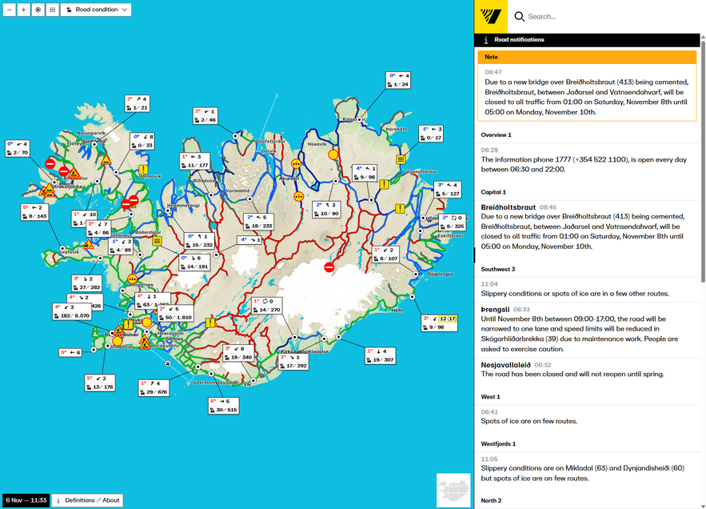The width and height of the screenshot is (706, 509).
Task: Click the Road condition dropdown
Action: point(96,10)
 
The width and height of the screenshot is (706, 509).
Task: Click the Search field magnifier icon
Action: point(520,16)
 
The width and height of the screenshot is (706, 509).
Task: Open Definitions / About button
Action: point(87,500)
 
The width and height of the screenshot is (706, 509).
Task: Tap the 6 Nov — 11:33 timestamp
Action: point(26,500)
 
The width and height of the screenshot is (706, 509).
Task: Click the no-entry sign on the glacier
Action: point(328,267)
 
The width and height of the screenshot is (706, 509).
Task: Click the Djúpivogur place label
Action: point(441,274)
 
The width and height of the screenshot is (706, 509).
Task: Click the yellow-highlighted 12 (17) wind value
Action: point(447,319)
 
